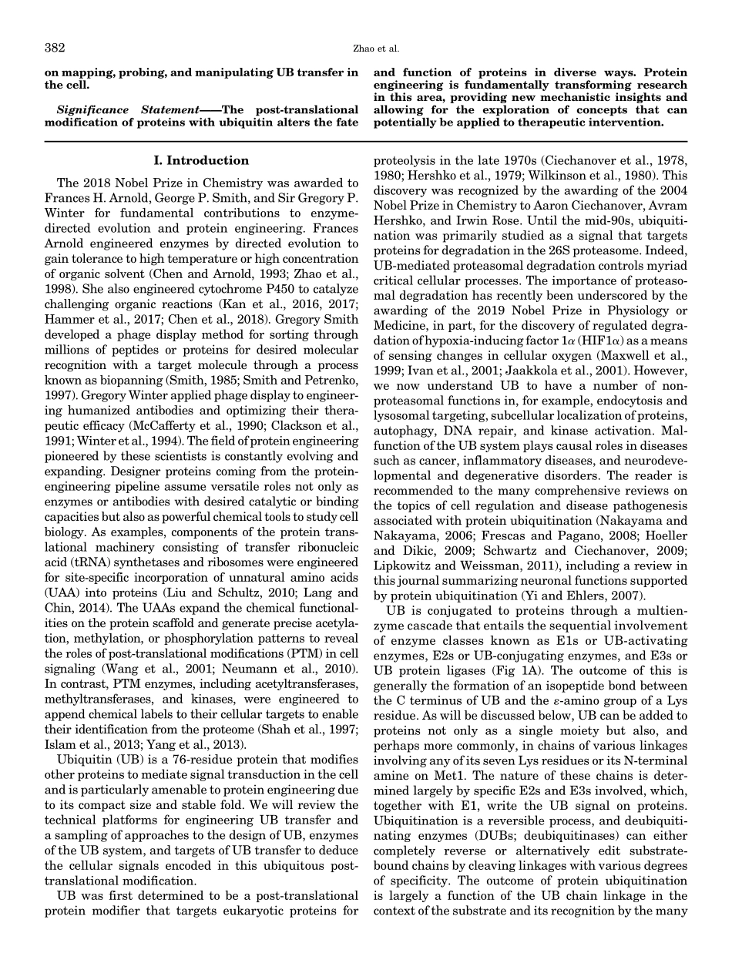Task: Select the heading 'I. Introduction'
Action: click(201, 160)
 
